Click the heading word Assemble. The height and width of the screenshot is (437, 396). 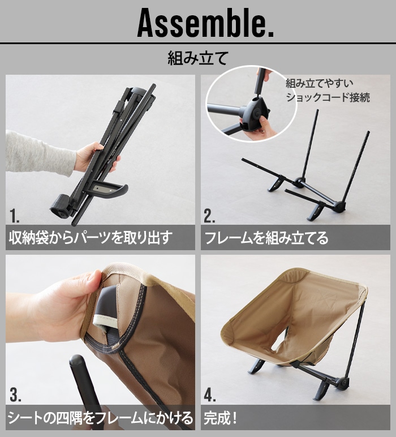coord(205,23)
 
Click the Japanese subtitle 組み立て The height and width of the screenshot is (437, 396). coord(197,58)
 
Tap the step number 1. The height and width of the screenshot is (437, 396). coord(15,215)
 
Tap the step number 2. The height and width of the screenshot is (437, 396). coord(209,215)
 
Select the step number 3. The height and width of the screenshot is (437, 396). coord(15,395)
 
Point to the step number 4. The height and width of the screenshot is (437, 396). coord(210,395)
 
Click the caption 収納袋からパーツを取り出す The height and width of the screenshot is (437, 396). coord(89,237)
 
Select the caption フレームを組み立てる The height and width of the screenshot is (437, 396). coord(266,237)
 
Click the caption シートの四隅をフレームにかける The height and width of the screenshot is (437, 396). coord(100,418)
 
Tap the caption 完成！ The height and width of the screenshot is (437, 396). coord(221,418)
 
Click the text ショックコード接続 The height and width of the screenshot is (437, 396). coord(328,97)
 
